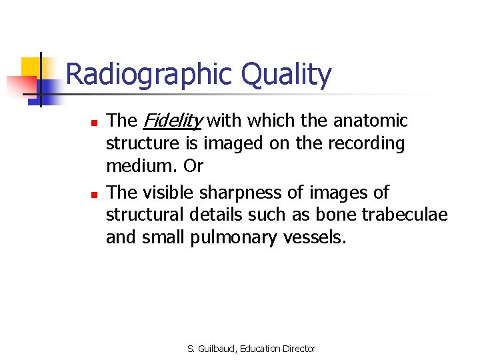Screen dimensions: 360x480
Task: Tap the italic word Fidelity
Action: click(x=172, y=121)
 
